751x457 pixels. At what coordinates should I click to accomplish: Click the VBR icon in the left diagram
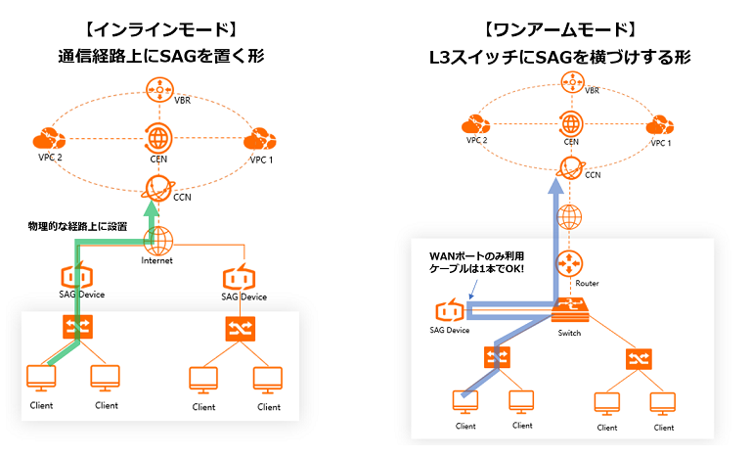tap(156, 90)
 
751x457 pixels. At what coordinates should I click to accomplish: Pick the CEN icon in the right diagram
tap(571, 123)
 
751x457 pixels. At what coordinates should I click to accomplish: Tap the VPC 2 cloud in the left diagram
tap(45, 137)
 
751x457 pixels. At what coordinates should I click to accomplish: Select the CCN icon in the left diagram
tap(156, 187)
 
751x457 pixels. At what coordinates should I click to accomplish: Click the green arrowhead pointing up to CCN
tap(150, 208)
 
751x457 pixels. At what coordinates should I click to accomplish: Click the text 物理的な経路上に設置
tap(78, 226)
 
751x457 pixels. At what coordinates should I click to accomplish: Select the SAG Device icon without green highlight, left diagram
tap(239, 276)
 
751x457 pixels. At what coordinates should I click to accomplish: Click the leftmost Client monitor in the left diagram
tap(41, 378)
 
